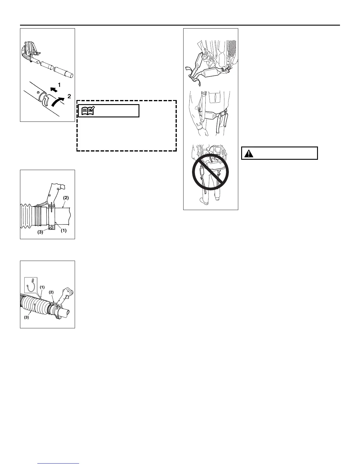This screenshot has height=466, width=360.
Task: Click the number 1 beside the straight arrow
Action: (x=59, y=84)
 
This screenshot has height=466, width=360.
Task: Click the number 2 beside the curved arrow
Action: (x=69, y=96)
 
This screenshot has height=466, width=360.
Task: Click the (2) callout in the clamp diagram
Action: (x=66, y=198)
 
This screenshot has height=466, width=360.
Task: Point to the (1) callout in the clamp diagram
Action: (x=64, y=231)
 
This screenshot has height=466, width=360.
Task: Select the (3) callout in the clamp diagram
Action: (x=40, y=232)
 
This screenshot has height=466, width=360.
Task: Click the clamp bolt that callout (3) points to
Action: (x=52, y=227)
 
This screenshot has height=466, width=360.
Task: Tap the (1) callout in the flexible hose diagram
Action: (x=42, y=287)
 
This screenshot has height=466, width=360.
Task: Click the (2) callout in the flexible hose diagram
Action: (x=51, y=292)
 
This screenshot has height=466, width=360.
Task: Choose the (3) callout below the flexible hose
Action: (x=27, y=318)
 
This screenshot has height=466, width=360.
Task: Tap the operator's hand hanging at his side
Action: (x=204, y=130)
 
